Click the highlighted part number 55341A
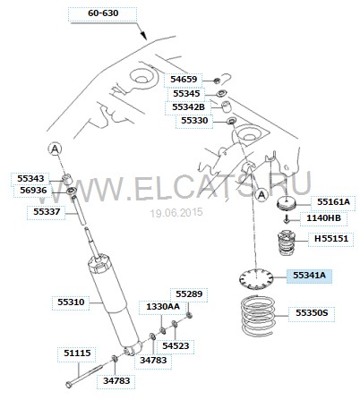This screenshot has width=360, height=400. coord(309,276)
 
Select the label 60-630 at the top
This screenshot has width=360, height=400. coord(103,13)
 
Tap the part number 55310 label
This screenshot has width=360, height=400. coord(71,302)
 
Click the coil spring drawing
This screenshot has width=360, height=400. coord(257,315)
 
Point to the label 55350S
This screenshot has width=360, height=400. coord(312,313)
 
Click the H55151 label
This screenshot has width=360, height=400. coord(331,239)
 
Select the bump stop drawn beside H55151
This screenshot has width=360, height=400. coord(287,243)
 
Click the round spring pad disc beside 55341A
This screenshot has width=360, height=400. coord(256,278)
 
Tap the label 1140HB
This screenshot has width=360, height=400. coord(323,218)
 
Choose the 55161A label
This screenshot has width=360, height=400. coord(333,202)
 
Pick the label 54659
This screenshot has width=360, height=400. coord(184,80)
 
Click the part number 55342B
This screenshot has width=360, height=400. coord(188,107)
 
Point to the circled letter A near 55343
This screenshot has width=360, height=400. coord(55,149)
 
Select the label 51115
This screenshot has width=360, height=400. coord(77,353)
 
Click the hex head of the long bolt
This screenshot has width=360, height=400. coord(69,385)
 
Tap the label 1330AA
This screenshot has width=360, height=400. coord(163,307)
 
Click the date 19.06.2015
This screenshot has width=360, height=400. coord(176,212)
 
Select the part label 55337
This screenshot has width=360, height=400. coord(47,212)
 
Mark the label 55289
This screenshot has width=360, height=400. coord(189,294)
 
